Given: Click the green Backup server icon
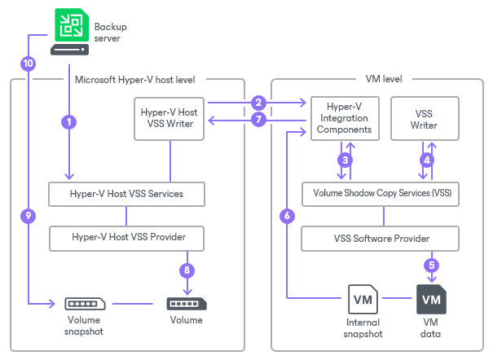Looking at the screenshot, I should pos(69,24).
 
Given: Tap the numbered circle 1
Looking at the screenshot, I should pos(69,122).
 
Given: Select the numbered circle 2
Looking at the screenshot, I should pos(258,103).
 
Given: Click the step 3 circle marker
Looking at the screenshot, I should pos(346,160).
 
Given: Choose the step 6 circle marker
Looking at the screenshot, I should pos(286,216).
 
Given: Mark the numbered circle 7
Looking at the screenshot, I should pos(258,121).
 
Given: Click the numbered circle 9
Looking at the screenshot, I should pos(29,216).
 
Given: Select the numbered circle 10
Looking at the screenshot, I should pos(29,63).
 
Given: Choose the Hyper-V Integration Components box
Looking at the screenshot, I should pos(345,118).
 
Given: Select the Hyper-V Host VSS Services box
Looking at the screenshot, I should pos(125,194).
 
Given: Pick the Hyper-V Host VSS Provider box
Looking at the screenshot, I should pos(125,238).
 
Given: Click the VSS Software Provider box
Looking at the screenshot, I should pos(382,239).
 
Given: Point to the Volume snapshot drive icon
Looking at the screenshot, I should pos(85,304).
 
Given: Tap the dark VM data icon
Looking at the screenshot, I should pos(432,301).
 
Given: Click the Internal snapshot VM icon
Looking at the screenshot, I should pos(362,301).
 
